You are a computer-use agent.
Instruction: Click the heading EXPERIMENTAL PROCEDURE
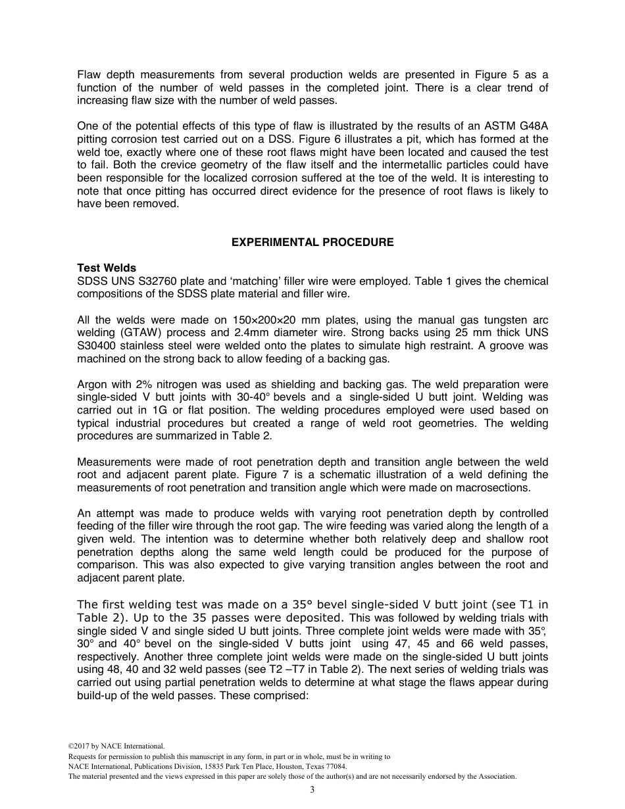pos(312,242)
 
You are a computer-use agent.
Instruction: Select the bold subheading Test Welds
pos(107,268)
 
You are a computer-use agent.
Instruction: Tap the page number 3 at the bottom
pos(312,789)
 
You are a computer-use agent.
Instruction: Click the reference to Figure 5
pos(468,74)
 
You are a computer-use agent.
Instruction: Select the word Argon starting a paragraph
pos(92,384)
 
